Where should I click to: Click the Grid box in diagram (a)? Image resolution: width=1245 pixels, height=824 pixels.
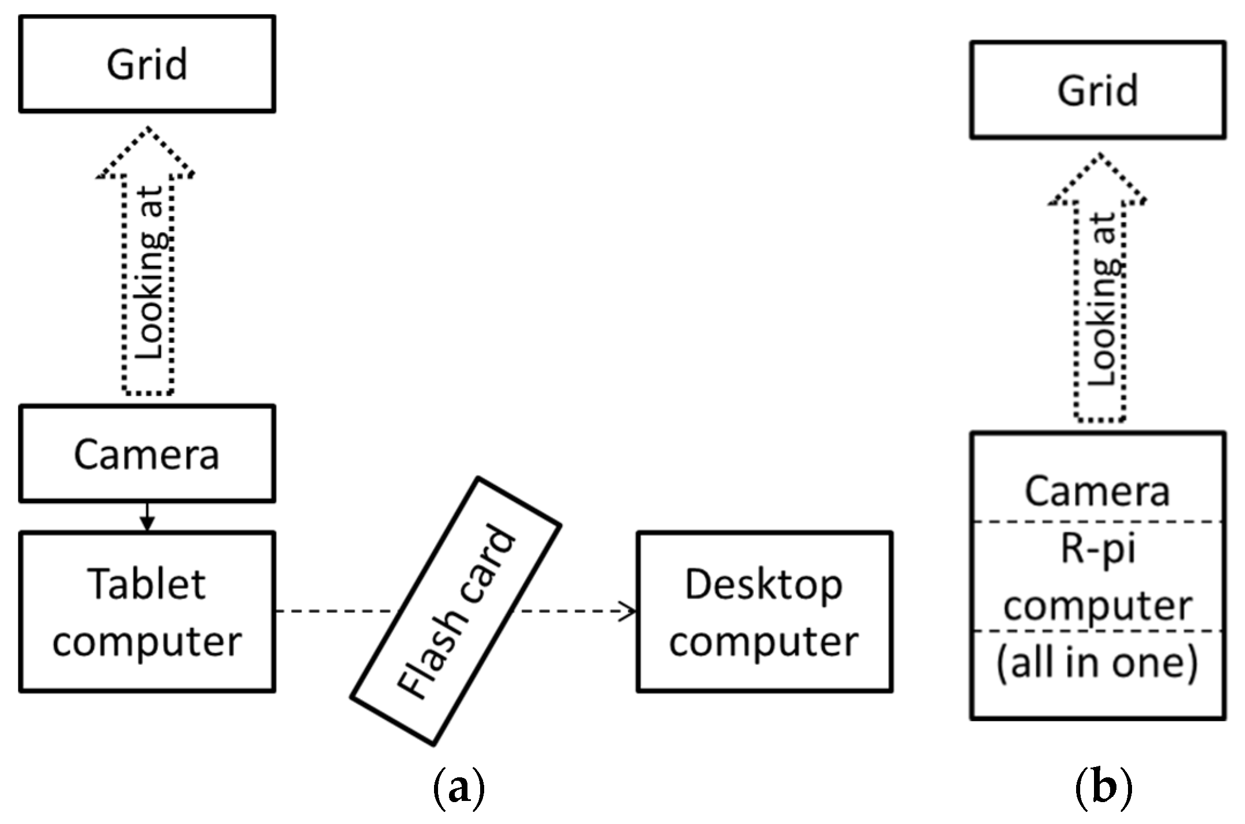coord(147,64)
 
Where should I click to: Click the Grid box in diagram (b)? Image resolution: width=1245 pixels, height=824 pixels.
coord(1097,90)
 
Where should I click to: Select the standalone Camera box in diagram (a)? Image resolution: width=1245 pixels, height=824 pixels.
coord(147,454)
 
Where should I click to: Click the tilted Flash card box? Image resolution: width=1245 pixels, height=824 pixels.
coord(455,611)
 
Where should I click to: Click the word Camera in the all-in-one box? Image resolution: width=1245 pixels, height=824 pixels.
coord(1097,491)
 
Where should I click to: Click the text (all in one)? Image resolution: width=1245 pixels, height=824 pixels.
coord(1097,663)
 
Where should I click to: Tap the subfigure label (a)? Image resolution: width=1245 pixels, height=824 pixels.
coord(458,788)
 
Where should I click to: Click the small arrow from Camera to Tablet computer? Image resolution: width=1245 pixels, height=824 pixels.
coord(148,517)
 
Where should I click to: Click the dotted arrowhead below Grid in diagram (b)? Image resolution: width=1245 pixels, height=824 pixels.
coord(1097,179)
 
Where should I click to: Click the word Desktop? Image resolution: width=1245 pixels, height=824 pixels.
coord(764,585)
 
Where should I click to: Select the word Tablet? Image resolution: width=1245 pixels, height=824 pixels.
coord(146,584)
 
